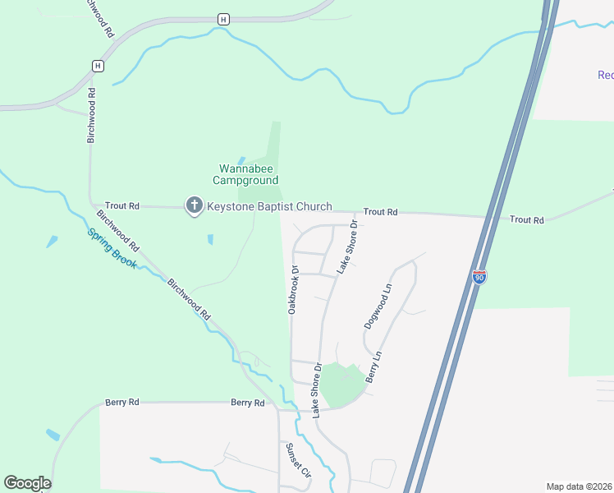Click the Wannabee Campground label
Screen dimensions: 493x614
click(x=245, y=174)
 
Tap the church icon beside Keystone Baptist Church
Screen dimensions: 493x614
click(x=194, y=206)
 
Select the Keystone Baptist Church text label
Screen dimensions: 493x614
click(x=269, y=207)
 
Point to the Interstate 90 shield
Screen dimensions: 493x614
click(x=479, y=277)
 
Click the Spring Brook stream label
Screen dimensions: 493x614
click(x=112, y=247)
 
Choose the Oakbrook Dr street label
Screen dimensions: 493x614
click(x=293, y=289)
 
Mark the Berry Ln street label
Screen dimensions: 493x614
click(x=373, y=366)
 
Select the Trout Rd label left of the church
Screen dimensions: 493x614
click(x=122, y=205)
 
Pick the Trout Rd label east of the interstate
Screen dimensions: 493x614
click(x=526, y=220)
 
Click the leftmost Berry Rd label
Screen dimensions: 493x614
click(x=122, y=403)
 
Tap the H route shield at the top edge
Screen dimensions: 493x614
click(x=223, y=18)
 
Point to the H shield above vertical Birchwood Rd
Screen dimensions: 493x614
click(x=98, y=65)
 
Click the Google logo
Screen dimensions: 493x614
click(x=27, y=483)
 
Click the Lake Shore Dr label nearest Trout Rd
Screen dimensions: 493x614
click(x=348, y=246)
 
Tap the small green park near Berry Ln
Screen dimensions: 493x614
click(x=339, y=383)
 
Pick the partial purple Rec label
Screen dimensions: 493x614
click(x=605, y=76)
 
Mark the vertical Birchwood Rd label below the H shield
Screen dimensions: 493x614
click(x=92, y=115)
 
